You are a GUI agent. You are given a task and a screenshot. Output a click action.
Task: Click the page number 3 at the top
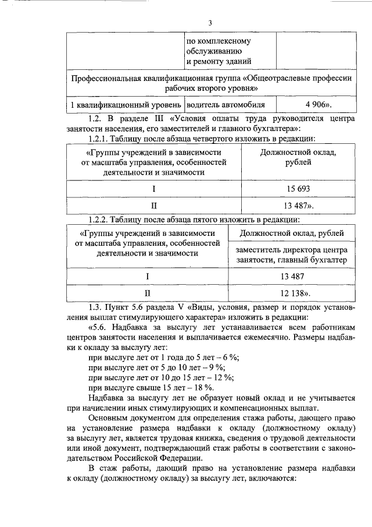pyautogui.click(x=210, y=23)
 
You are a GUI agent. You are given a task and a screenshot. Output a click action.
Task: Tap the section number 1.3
pyautogui.click(x=95, y=306)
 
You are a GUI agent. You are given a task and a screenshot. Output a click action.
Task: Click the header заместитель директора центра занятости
pyautogui.click(x=291, y=254)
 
